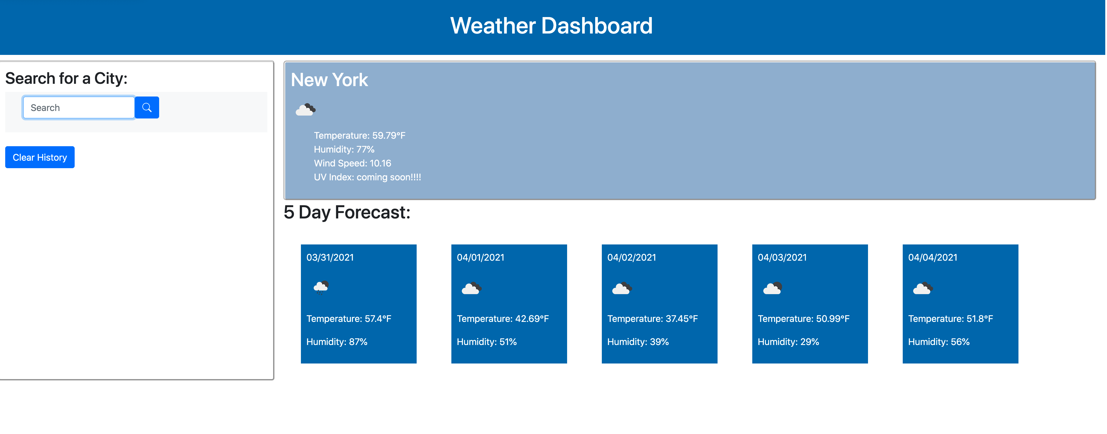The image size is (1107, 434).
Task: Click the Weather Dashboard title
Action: click(551, 26)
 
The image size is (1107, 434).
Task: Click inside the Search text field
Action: click(79, 108)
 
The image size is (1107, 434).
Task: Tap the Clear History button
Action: click(40, 157)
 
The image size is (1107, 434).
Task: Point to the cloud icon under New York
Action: click(306, 110)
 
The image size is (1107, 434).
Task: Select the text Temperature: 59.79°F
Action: click(359, 136)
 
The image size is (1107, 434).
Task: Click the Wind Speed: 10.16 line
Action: click(352, 164)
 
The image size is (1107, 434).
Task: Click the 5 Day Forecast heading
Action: click(347, 212)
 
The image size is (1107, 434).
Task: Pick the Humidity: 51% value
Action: click(486, 342)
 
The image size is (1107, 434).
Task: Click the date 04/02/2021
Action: click(631, 257)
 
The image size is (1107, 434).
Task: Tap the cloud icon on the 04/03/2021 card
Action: click(772, 288)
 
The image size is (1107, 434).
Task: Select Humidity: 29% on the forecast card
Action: click(788, 342)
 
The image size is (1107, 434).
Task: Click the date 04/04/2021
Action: click(933, 257)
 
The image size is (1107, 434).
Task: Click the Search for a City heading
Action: click(66, 79)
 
